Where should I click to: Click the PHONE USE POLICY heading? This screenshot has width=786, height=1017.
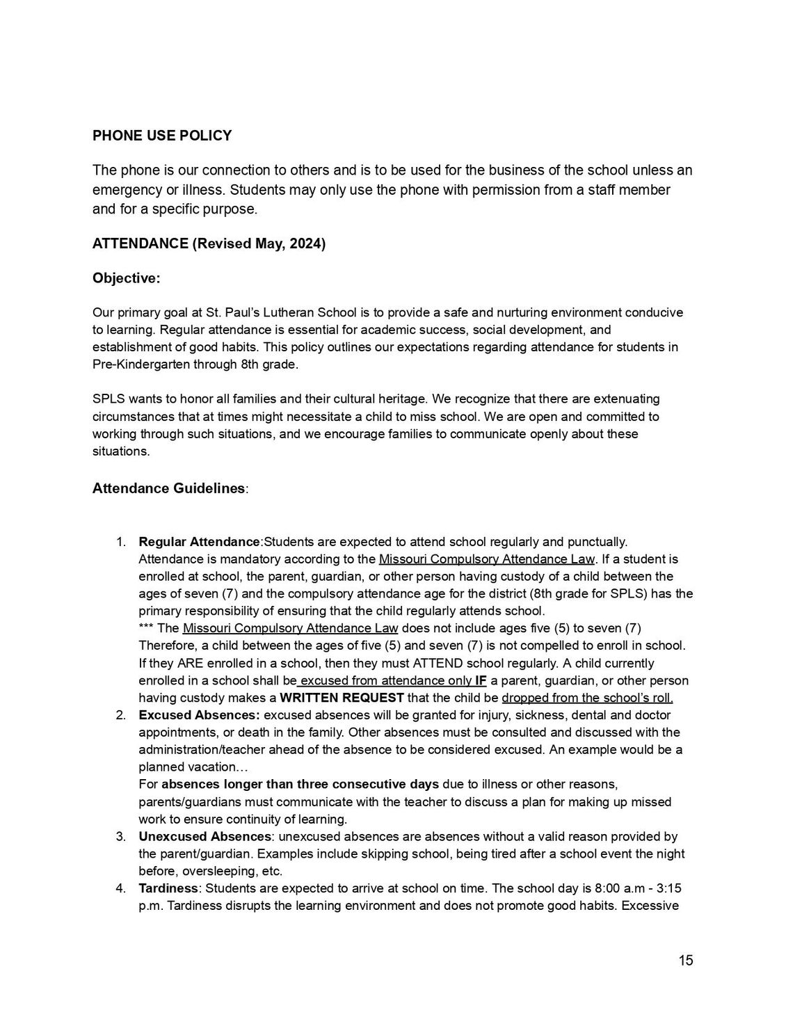coord(162,136)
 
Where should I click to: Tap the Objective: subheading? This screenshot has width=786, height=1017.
coord(126,278)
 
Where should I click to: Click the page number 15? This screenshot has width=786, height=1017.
coord(686,961)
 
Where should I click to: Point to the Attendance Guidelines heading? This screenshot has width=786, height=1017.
coord(168,488)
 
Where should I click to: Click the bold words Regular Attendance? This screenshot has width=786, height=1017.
coord(199,542)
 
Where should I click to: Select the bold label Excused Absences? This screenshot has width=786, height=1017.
coord(200,715)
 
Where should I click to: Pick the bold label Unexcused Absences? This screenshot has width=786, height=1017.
coord(204,836)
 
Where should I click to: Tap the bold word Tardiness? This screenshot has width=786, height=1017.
coord(169,888)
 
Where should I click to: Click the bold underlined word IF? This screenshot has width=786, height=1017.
coord(481,680)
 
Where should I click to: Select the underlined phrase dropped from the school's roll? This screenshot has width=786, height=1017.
coord(587,698)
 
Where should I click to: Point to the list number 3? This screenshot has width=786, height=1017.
coord(120,836)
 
